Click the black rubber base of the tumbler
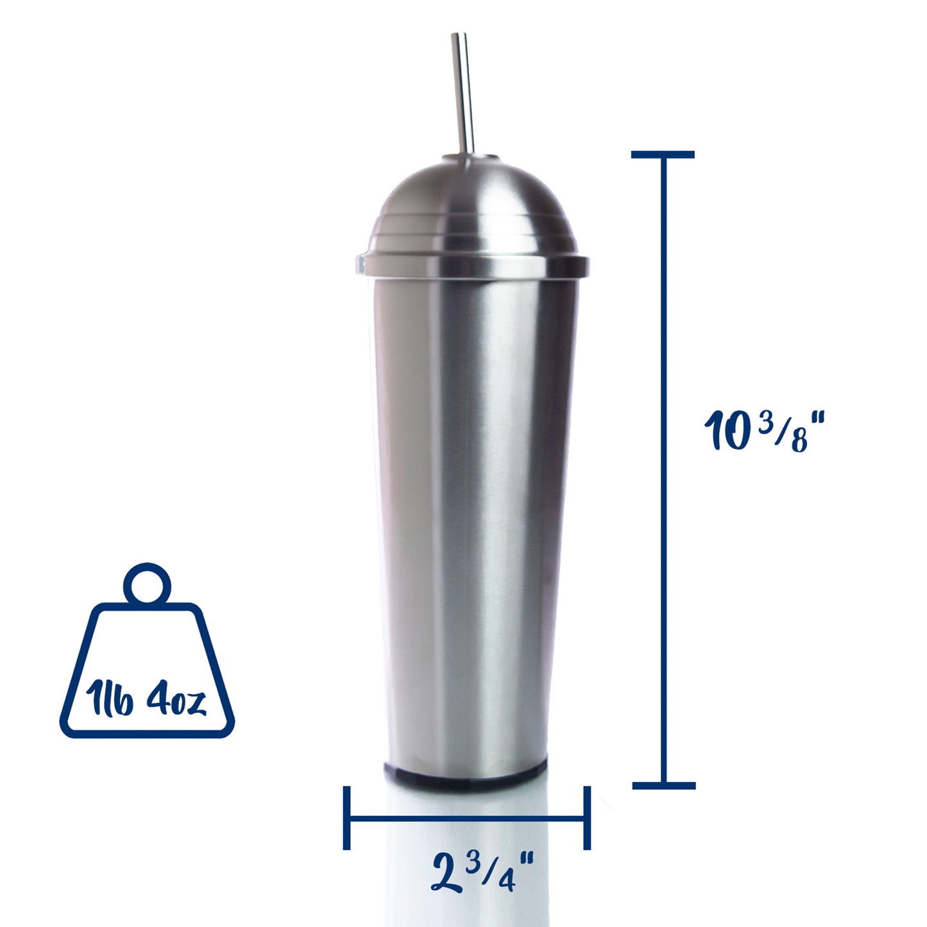click(465, 772)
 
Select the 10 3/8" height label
click(763, 431)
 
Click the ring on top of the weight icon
click(147, 584)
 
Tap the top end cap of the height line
click(663, 155)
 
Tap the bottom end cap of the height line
click(664, 785)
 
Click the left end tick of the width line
click(347, 818)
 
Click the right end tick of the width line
click(586, 818)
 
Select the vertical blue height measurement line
click(663, 468)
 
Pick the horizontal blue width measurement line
click(466, 819)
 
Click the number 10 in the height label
click(728, 431)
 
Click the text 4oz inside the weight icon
click(176, 701)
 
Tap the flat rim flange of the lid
click(472, 265)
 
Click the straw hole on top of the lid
click(488, 157)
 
